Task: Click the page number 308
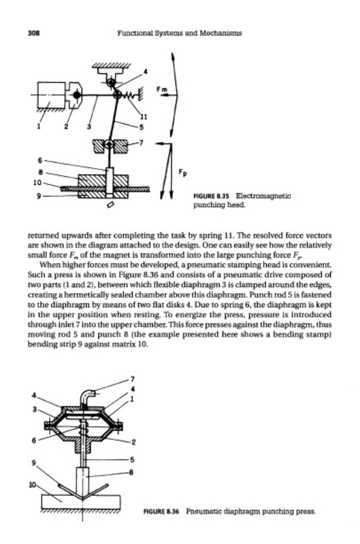[33, 33]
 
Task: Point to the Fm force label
[161, 89]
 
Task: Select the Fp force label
[182, 172]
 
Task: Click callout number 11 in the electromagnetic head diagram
[143, 116]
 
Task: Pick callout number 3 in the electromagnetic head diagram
[89, 126]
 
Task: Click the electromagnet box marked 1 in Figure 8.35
[51, 95]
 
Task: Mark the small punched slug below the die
[110, 205]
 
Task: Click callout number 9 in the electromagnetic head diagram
[39, 196]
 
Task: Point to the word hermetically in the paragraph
[87, 295]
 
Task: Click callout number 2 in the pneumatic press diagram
[133, 442]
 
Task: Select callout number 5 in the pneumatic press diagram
[131, 460]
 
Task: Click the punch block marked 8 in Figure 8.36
[82, 478]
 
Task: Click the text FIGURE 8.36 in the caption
[161, 511]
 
